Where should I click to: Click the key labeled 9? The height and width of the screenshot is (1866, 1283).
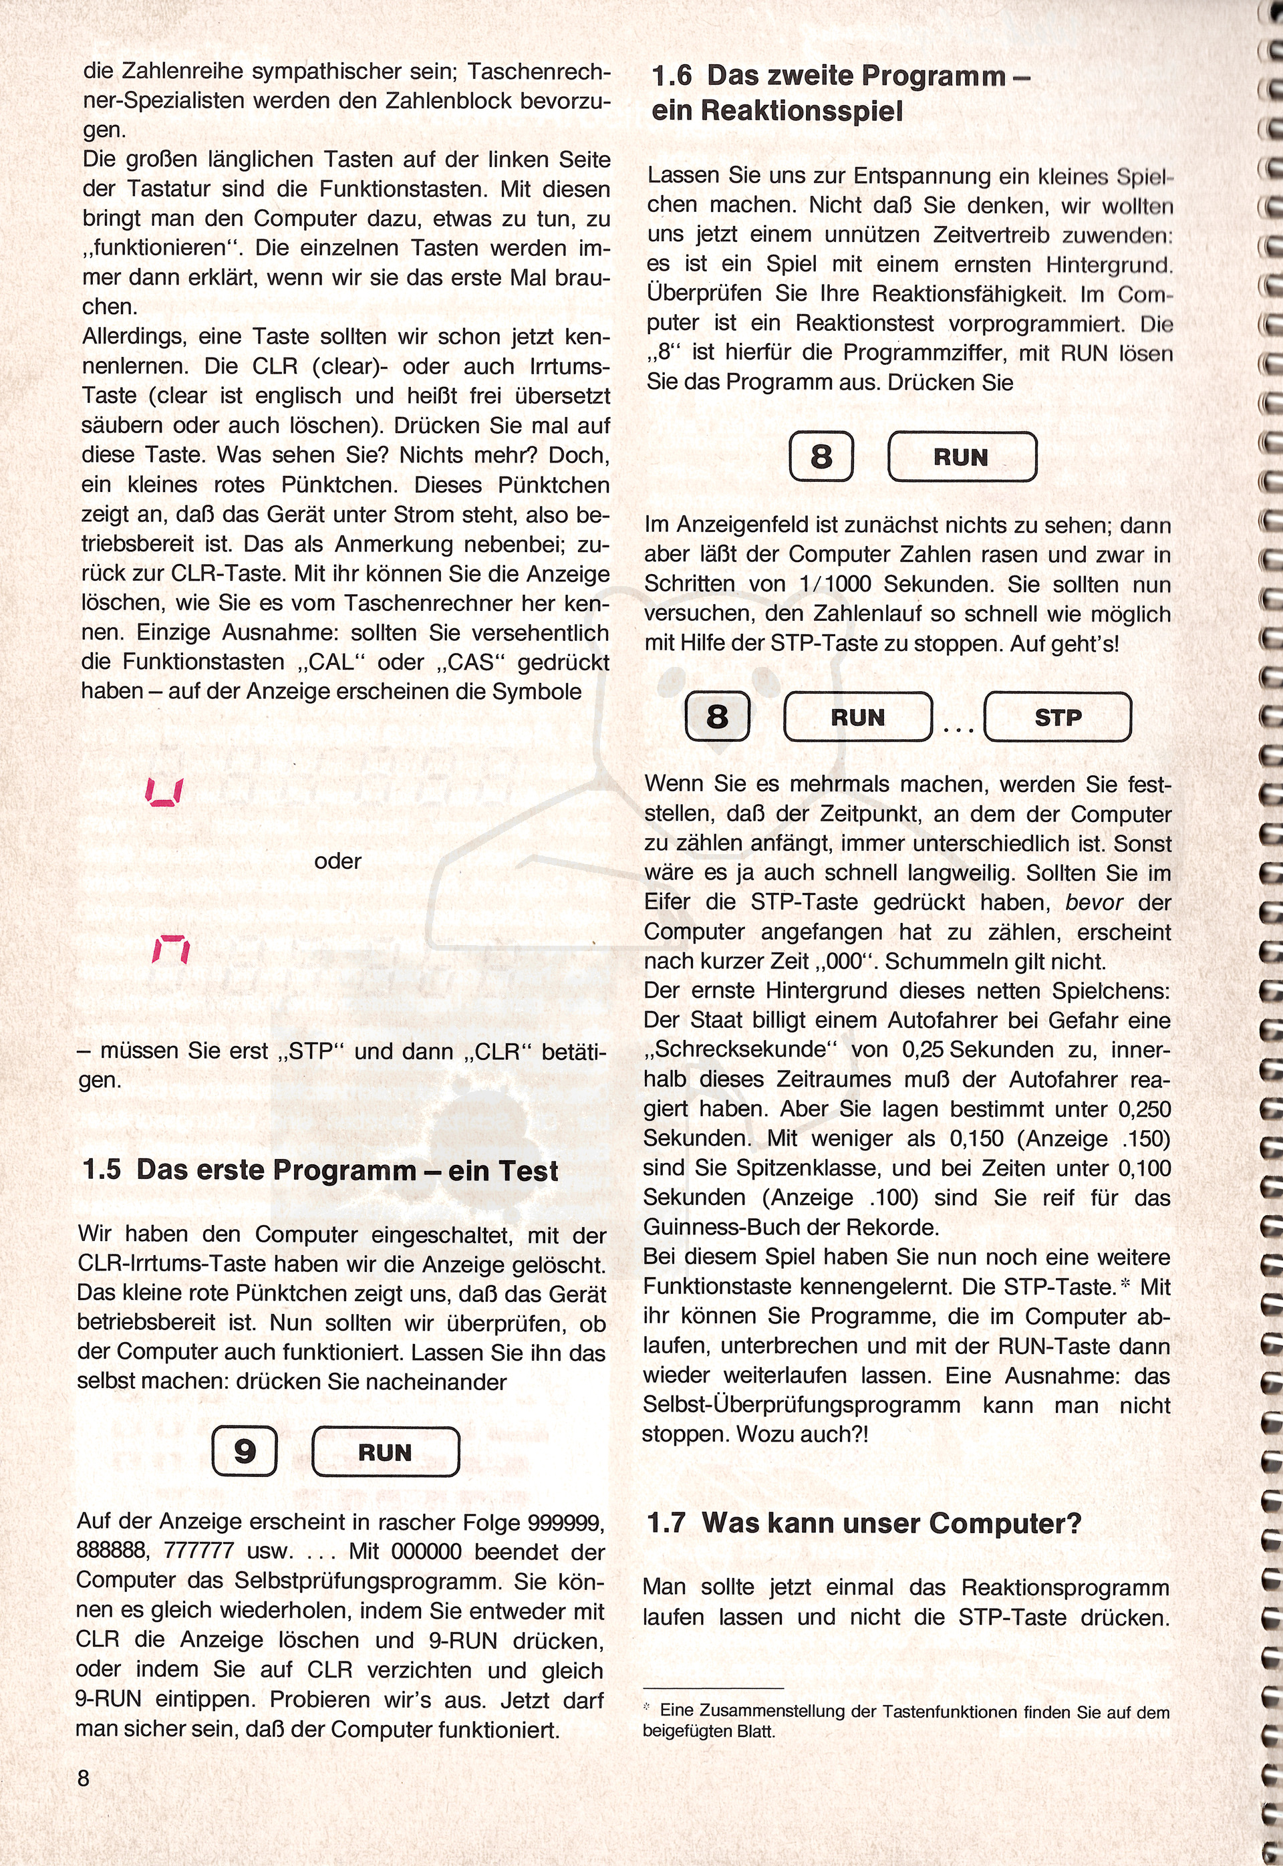pos(245,1451)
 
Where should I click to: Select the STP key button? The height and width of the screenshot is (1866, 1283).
pos(1057,717)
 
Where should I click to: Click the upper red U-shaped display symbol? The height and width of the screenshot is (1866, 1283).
pos(165,792)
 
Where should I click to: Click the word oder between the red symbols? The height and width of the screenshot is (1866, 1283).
pos(337,861)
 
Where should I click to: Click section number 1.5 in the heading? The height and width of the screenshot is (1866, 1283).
pos(102,1170)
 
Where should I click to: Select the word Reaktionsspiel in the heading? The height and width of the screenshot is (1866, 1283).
pos(801,111)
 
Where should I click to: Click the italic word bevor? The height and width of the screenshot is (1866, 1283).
pos(1094,903)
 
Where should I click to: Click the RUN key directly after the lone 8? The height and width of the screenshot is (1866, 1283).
pos(962,456)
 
